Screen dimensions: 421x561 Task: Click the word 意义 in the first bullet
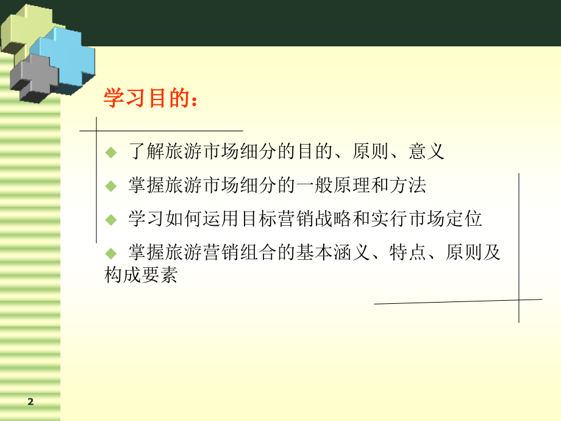coord(426,151)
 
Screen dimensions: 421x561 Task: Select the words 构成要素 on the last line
coord(141,276)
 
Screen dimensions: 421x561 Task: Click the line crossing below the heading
coord(97,131)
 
